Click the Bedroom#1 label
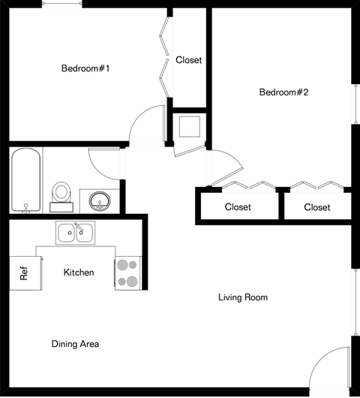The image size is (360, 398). click(85, 69)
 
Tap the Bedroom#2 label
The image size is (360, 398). click(284, 92)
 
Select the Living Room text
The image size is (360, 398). click(242, 297)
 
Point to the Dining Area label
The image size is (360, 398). click(75, 344)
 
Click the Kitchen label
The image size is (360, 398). click(79, 272)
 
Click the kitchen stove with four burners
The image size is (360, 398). click(127, 273)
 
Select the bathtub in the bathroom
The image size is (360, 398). click(26, 180)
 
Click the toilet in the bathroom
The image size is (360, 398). click(61, 193)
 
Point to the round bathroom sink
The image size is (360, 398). click(98, 201)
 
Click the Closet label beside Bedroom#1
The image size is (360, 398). click(188, 60)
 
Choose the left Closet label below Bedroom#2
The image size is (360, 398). click(238, 207)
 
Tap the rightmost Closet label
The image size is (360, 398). click(317, 207)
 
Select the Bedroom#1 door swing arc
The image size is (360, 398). click(146, 124)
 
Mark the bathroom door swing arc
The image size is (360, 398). click(103, 164)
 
